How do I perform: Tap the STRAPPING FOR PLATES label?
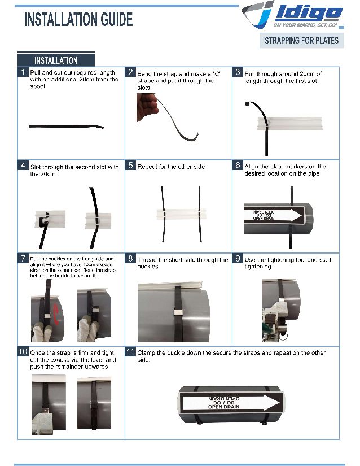click(302, 41)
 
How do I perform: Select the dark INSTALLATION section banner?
click(56, 60)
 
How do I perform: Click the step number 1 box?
click(23, 72)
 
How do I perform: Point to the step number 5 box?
click(130, 166)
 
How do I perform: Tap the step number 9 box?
click(238, 259)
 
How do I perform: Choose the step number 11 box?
click(130, 352)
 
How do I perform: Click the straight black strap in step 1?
click(67, 126)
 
